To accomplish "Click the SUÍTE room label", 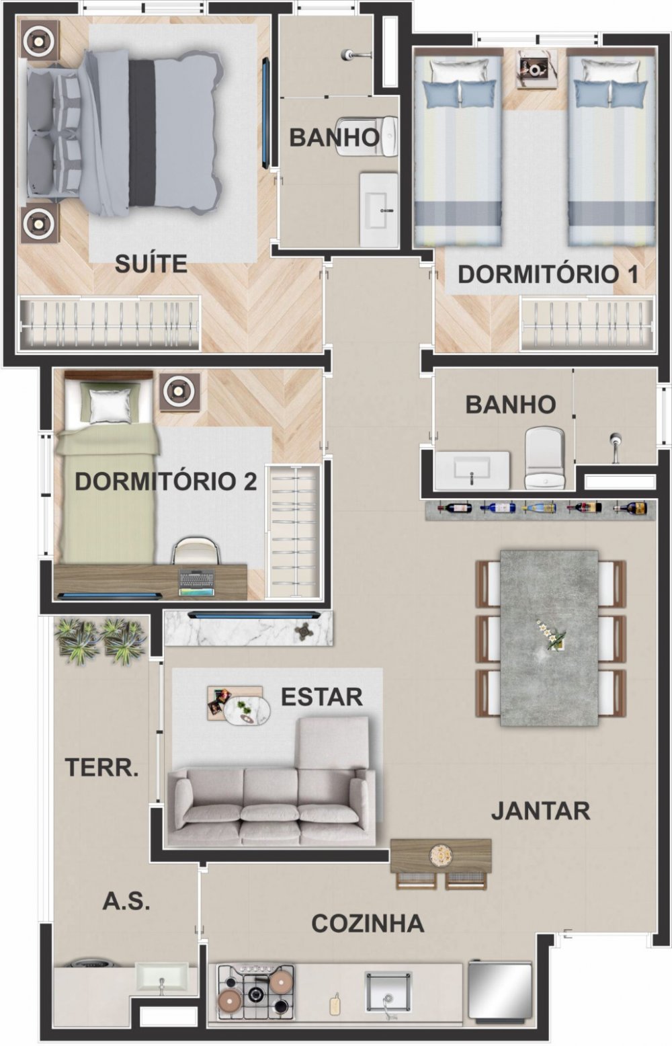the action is pyautogui.click(x=151, y=264).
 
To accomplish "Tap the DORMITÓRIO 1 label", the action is pyautogui.click(x=548, y=274).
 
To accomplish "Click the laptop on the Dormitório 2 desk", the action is pyautogui.click(x=197, y=583).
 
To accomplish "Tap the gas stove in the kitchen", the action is pyautogui.click(x=256, y=985).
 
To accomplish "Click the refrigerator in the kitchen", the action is pyautogui.click(x=500, y=987).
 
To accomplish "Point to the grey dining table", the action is pyautogui.click(x=549, y=639).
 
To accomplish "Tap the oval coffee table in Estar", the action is pyautogui.click(x=247, y=711).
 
